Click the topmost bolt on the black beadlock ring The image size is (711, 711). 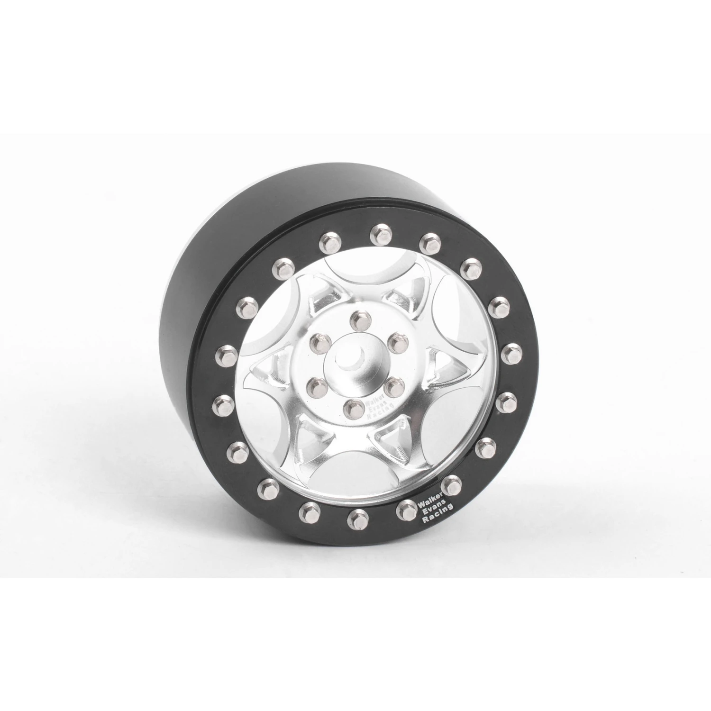(378, 232)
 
